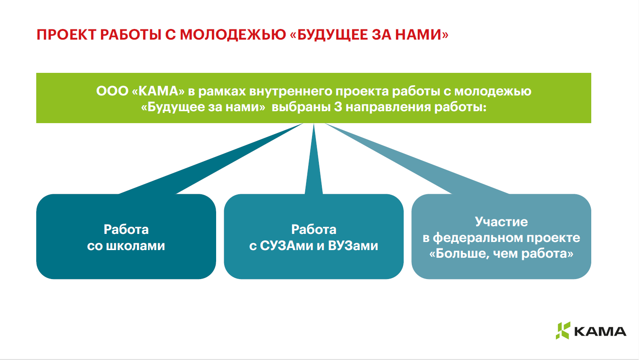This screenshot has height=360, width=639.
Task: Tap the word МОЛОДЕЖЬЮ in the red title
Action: [x=233, y=35]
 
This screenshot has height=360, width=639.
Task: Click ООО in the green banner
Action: [x=112, y=91]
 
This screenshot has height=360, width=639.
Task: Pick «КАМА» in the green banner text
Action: [x=158, y=91]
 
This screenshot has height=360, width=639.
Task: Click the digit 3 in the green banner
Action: [x=338, y=107]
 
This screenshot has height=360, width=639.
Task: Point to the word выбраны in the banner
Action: [x=301, y=107]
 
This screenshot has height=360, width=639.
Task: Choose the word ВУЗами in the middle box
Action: [x=353, y=246]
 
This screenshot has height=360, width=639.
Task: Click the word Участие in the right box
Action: [x=501, y=222]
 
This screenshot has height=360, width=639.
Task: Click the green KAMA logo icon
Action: [x=563, y=331]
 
